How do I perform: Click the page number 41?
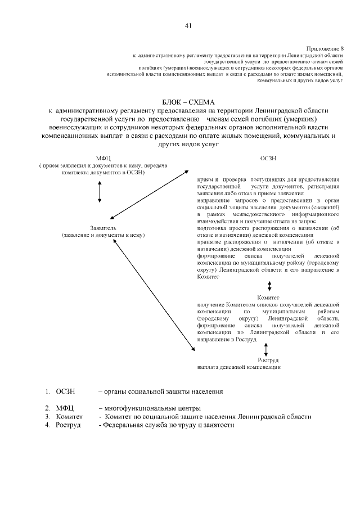coord(188,25)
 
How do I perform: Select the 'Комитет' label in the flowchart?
coord(268,296)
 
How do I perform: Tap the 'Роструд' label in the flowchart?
coord(268,359)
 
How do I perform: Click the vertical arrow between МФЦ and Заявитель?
coord(100,191)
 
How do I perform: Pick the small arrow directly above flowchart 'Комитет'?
coord(269,286)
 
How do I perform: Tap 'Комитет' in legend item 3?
coord(69,417)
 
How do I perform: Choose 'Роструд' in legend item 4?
coord(68,425)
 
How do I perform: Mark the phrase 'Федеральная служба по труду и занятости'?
coord(166,425)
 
